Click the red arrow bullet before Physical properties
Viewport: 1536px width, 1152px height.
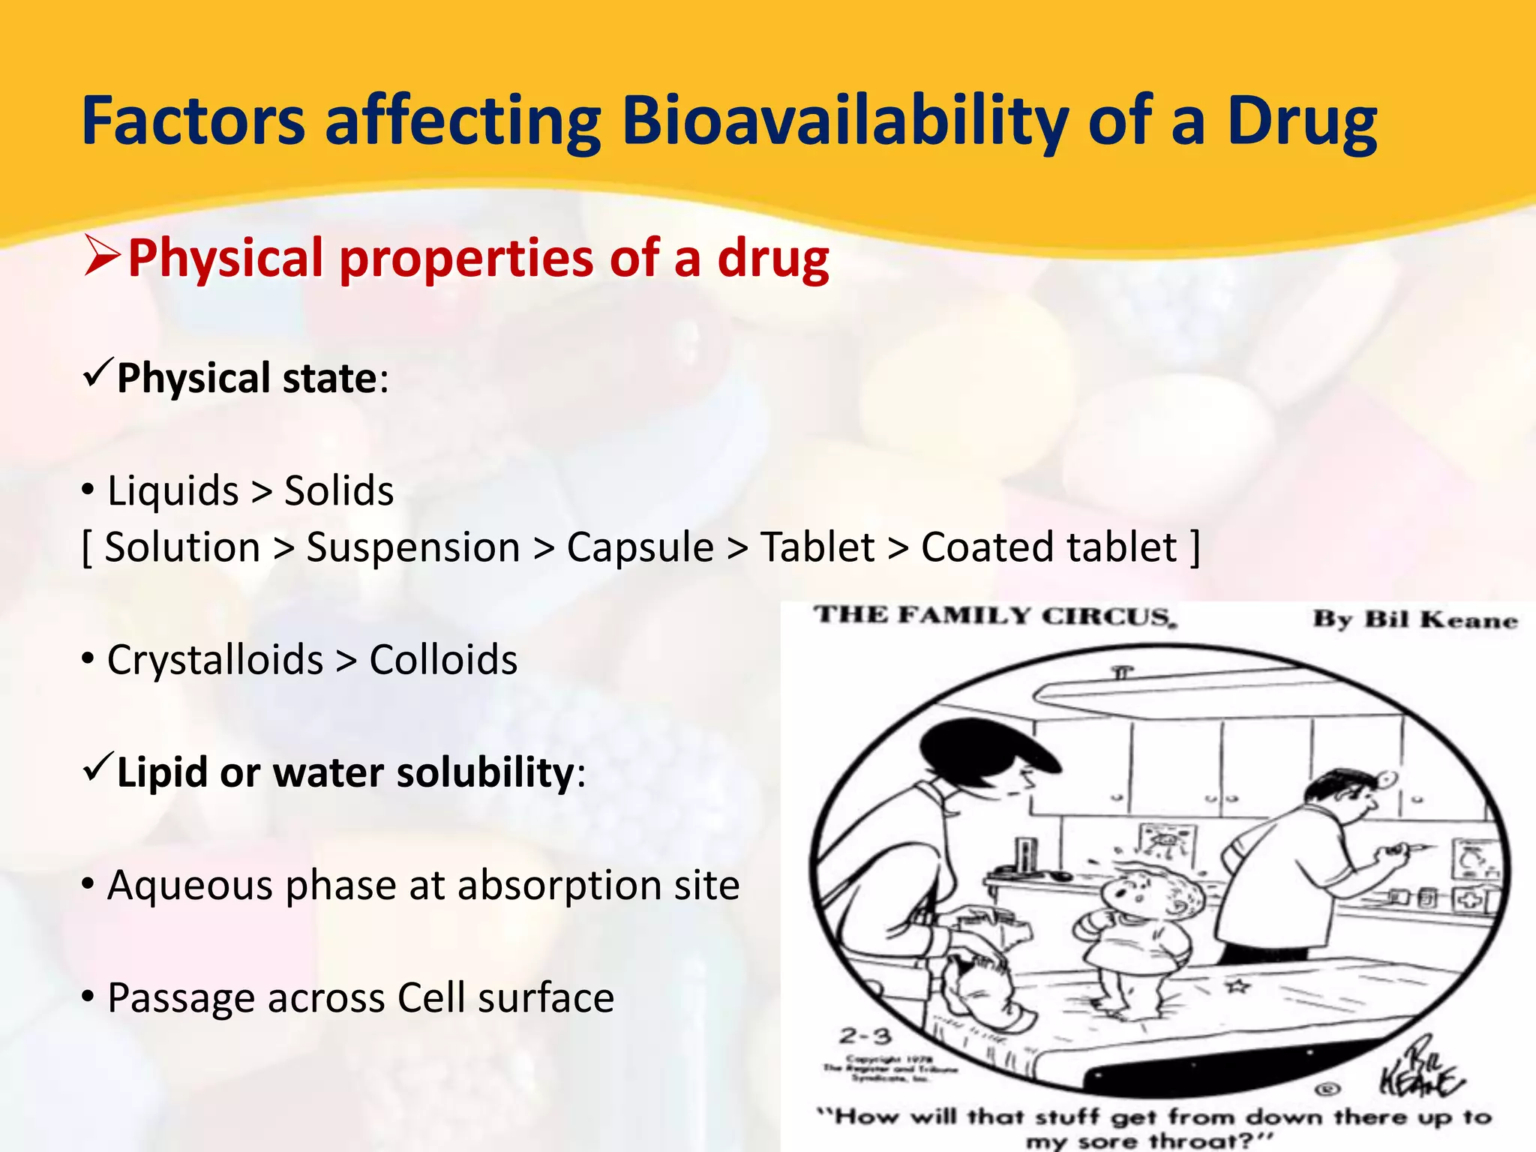pos(102,255)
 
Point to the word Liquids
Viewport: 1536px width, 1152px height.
pos(172,491)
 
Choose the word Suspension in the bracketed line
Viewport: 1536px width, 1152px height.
pos(413,547)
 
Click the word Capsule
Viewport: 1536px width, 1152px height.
pos(640,547)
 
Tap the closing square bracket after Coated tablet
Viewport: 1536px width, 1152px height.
pos(1195,547)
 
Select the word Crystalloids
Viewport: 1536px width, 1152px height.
pos(215,660)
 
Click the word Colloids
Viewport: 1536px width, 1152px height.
pos(443,660)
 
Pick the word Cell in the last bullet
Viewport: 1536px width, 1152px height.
pos(431,998)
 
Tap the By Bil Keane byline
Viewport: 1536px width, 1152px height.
pos(1414,619)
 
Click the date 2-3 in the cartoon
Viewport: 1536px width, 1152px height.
pos(865,1036)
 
